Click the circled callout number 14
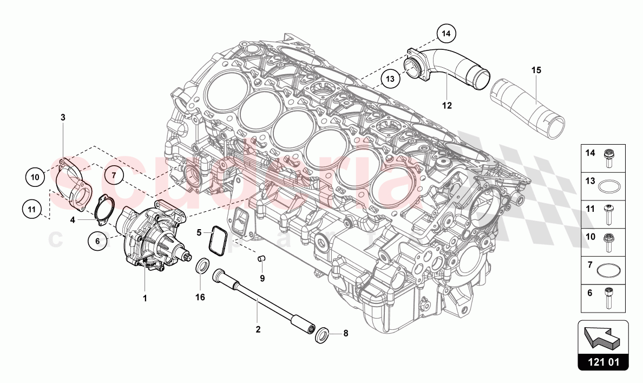445,34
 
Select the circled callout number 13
390,78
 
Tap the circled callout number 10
35,177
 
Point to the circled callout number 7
114,174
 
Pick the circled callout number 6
97,242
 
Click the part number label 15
536,70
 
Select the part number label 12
447,106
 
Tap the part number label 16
200,297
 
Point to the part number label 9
262,278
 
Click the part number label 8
346,334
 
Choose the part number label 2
258,329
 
